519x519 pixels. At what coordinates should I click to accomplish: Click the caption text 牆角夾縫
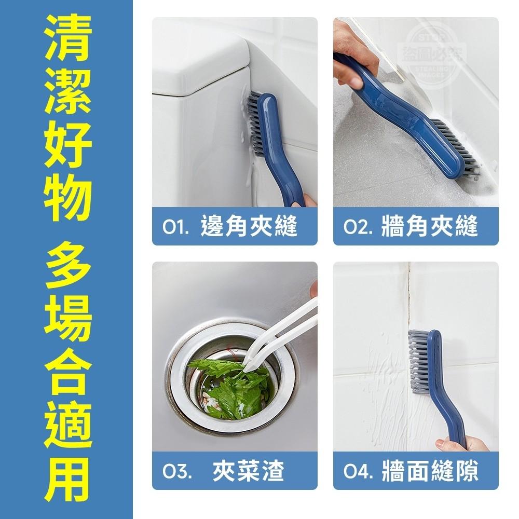pyautogui.click(x=429, y=227)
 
